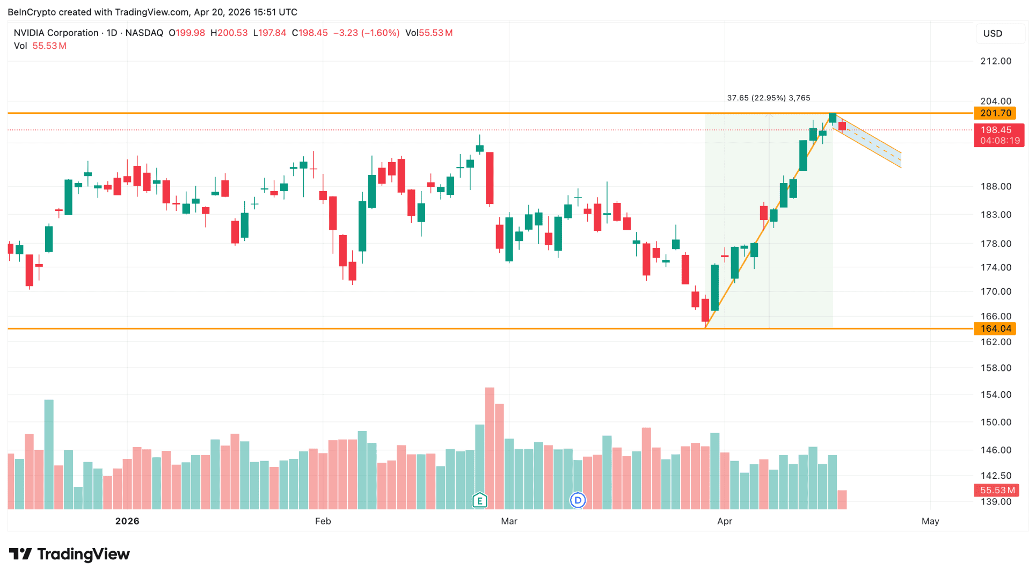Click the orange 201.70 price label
click(995, 113)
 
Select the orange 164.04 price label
click(995, 328)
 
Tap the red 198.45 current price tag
click(998, 135)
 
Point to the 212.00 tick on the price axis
click(996, 61)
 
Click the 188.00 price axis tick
click(996, 187)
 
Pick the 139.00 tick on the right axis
click(996, 502)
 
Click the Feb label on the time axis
click(323, 521)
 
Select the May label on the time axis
click(930, 521)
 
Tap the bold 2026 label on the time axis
click(127, 521)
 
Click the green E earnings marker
click(479, 501)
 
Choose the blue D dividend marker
click(578, 501)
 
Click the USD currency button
click(993, 33)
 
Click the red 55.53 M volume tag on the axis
click(997, 490)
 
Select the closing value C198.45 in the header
click(310, 33)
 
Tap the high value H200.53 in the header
click(229, 33)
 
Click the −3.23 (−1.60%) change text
click(366, 33)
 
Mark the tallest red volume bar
click(490, 448)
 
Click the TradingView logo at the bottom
click(70, 554)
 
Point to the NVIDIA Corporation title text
click(56, 33)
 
